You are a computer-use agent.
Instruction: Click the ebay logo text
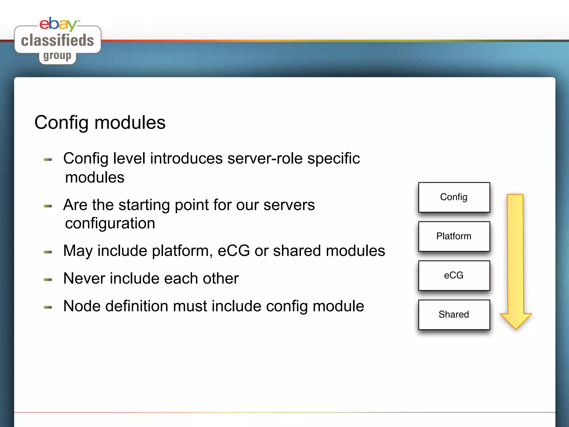click(58, 24)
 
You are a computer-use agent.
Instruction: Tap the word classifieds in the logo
click(58, 41)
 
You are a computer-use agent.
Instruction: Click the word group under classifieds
click(57, 56)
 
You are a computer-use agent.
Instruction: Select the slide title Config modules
click(100, 123)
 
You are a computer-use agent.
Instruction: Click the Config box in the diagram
click(454, 197)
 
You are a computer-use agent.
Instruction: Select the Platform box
click(454, 236)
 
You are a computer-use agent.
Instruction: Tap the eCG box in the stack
click(454, 275)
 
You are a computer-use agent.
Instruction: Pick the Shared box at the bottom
click(454, 314)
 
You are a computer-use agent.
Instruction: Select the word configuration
click(110, 224)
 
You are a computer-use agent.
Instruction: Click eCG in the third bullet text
click(234, 251)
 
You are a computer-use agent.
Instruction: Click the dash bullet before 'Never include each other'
click(48, 280)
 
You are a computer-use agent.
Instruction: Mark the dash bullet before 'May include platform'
click(48, 252)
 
